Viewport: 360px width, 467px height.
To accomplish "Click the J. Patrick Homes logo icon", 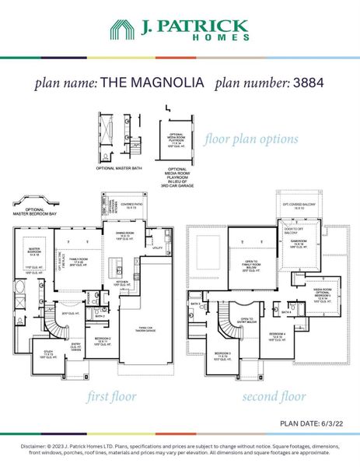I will click(122, 30).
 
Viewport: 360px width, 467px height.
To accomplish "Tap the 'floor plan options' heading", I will click(250, 139).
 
